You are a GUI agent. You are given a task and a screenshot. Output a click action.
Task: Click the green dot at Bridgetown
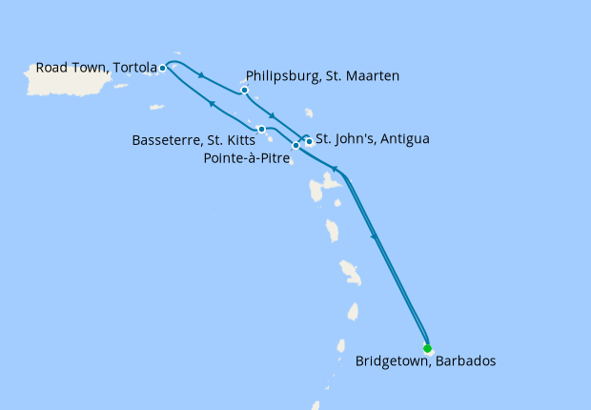[x=427, y=348]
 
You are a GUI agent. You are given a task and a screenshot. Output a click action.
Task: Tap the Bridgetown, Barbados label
[x=425, y=362]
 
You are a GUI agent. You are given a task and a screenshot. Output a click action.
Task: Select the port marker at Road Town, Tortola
[x=163, y=68]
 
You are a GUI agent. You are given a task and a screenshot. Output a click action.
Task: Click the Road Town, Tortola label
[x=95, y=68]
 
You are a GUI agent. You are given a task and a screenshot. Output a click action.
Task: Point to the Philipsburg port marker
[x=245, y=91]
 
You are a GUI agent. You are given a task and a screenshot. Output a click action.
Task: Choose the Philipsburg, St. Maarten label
[x=322, y=75]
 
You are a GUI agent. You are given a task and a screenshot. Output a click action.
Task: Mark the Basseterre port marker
[x=261, y=129]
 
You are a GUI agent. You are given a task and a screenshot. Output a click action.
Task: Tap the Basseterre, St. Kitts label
[x=194, y=140]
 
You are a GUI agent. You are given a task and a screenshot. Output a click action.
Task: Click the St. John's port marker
[x=309, y=142]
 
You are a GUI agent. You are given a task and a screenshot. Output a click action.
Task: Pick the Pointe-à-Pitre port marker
[x=295, y=146]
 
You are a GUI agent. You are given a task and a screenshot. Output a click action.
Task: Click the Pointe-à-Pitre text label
[x=247, y=158]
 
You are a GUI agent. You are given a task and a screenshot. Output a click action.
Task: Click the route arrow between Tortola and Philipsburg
[x=202, y=75]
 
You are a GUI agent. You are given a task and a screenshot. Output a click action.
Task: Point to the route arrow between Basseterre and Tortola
[x=212, y=104]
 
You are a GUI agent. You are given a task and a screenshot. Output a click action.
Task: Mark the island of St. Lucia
[x=353, y=312]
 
